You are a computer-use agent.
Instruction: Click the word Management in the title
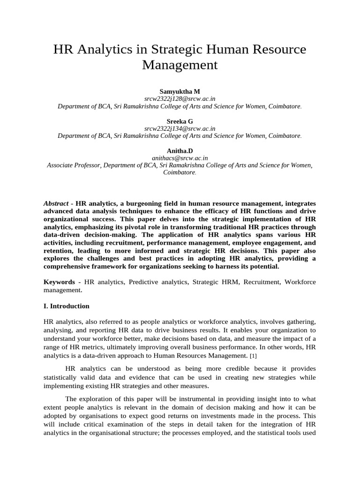(180, 65)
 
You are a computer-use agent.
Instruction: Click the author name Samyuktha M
(180, 91)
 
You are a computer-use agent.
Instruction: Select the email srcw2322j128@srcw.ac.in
(180, 98)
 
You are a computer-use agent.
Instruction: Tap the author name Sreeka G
(180, 121)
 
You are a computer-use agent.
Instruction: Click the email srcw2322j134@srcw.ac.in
(180, 128)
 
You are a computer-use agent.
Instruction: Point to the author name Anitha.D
(180, 150)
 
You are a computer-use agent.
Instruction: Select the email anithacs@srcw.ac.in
(180, 158)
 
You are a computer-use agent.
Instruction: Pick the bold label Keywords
(59, 282)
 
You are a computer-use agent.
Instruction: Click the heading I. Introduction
(66, 306)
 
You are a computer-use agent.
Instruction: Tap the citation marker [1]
(253, 356)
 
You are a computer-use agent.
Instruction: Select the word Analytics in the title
(104, 50)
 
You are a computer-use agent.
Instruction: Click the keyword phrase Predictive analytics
(152, 282)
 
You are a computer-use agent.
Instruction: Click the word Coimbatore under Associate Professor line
(179, 172)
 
